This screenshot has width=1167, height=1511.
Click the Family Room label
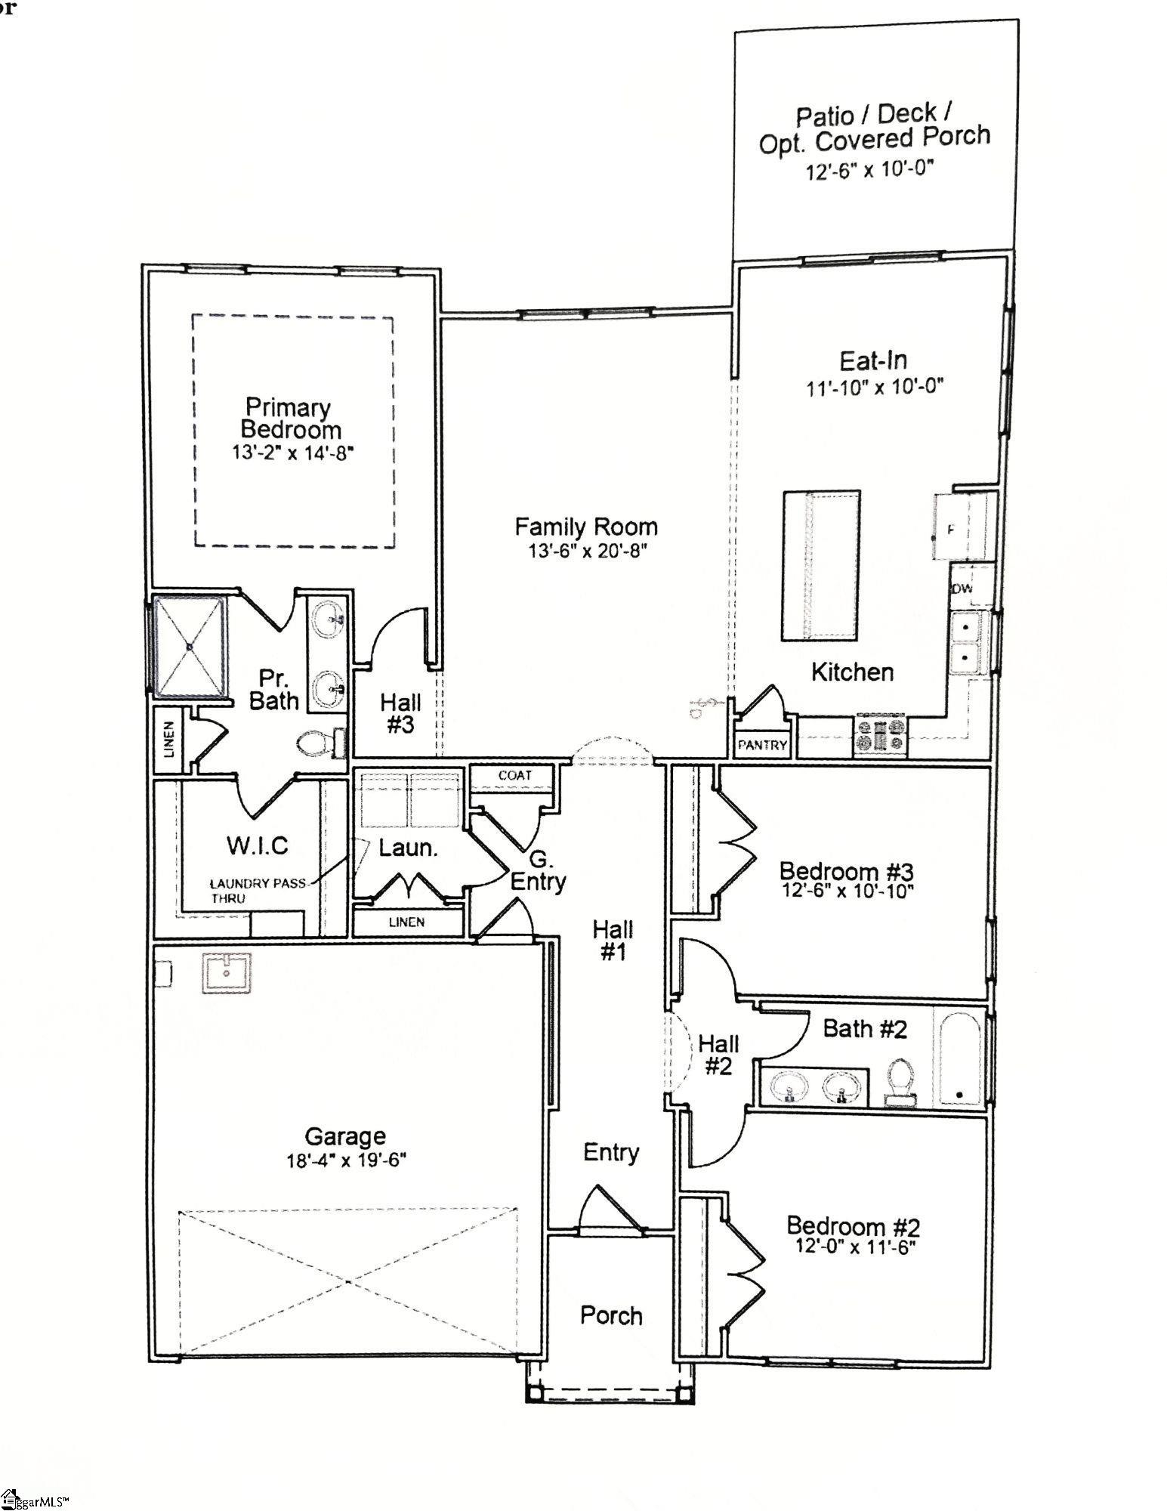[x=585, y=527]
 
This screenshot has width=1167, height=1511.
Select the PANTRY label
[x=762, y=745]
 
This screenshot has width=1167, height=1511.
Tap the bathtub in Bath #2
[x=959, y=1058]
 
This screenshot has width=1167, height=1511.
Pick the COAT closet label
[x=514, y=775]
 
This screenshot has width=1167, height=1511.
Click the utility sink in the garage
[x=227, y=973]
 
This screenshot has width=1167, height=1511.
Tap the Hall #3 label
[x=400, y=713]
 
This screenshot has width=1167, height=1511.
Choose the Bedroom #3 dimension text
[x=847, y=891]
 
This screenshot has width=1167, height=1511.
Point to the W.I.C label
[x=258, y=845]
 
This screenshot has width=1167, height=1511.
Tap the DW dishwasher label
[x=962, y=589]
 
